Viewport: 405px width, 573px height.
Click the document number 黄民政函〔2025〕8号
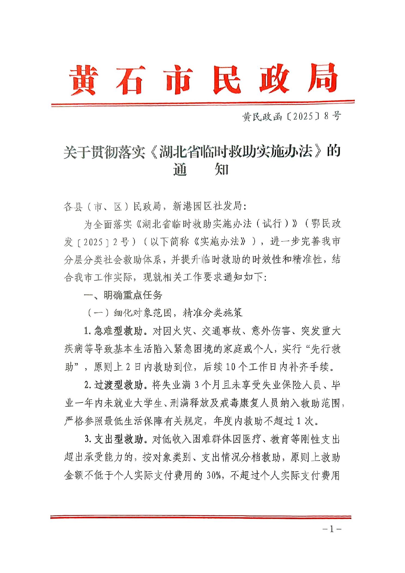click(x=292, y=117)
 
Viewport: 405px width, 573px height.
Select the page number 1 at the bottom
click(x=331, y=529)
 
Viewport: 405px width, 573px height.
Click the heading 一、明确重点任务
click(x=123, y=295)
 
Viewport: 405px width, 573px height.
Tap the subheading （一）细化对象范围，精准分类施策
click(x=165, y=313)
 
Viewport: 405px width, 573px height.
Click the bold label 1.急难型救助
click(x=114, y=331)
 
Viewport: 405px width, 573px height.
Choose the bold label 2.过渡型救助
click(x=114, y=385)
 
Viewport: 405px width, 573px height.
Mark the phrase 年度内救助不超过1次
click(x=266, y=422)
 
